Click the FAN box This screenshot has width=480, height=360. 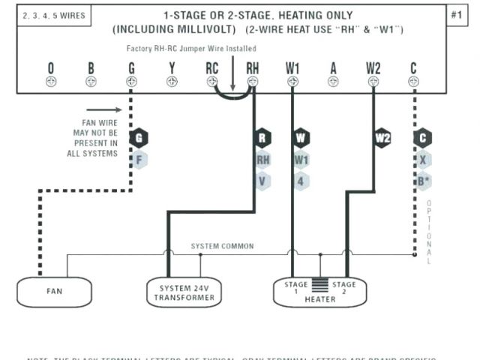[54, 292]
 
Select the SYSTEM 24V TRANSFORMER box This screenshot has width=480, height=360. [184, 292]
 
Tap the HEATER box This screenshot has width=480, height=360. [319, 292]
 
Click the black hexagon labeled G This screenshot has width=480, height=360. [138, 138]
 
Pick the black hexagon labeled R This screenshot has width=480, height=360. [262, 138]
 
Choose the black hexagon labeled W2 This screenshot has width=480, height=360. [382, 138]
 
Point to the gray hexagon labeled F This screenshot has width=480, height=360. [138, 159]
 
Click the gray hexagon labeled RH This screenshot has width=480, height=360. [262, 159]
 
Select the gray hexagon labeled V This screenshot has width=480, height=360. [262, 181]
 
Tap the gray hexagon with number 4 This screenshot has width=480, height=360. [301, 181]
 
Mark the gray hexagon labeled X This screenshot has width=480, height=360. [423, 159]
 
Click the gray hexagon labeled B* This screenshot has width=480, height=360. [423, 181]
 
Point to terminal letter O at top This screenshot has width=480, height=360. [50, 69]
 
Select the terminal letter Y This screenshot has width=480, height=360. [172, 69]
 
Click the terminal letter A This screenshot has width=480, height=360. [333, 69]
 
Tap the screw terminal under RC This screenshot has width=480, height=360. [212, 82]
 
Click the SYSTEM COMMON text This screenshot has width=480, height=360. [222, 246]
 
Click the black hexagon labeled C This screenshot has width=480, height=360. [423, 138]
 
